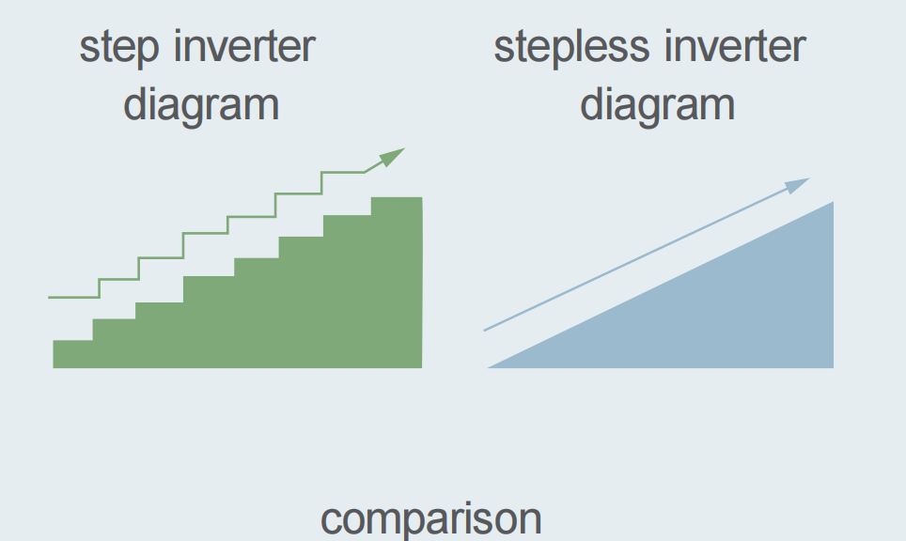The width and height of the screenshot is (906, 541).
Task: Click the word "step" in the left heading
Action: [x=119, y=49]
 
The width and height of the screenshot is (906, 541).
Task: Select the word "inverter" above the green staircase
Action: [x=244, y=46]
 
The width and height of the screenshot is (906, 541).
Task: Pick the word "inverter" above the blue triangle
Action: [x=734, y=46]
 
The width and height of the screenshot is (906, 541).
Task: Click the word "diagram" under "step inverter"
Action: [x=202, y=106]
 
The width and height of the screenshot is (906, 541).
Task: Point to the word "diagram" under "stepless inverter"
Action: [x=658, y=106]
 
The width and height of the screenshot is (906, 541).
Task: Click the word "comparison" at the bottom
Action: [x=431, y=520]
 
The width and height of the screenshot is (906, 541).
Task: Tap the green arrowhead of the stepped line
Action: [x=391, y=157]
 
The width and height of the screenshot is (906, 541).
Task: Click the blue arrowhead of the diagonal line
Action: [x=796, y=185]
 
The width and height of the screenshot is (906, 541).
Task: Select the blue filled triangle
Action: [x=718, y=313]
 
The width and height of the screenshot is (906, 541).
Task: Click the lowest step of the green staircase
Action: [x=72, y=353]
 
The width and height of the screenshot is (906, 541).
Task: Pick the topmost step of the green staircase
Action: [x=397, y=282]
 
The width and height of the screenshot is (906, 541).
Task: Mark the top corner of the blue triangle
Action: [x=834, y=202]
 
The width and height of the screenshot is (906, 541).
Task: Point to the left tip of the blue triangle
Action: [x=489, y=367]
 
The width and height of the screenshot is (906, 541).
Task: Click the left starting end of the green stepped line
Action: [x=49, y=298]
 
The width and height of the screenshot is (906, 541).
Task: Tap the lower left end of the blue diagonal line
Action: [x=484, y=331]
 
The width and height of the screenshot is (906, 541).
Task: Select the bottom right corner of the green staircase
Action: [x=422, y=367]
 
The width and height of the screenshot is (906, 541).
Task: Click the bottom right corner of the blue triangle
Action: [x=834, y=367]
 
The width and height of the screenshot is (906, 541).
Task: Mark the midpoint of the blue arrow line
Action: [x=647, y=255]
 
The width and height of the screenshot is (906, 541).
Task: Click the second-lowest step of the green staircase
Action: [x=114, y=343]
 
